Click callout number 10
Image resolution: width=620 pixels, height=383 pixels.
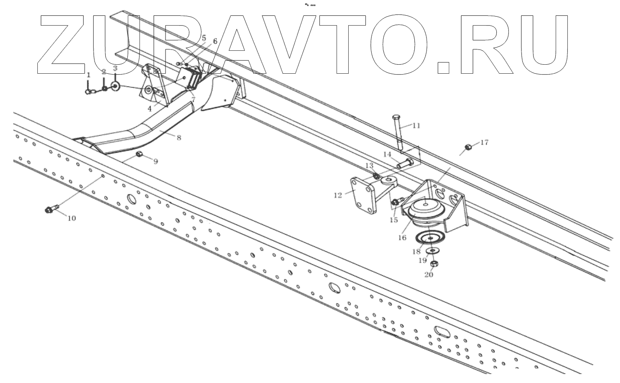(72, 218)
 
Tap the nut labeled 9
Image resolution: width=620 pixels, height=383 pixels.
(139, 155)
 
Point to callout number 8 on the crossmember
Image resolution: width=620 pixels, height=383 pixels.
(179, 138)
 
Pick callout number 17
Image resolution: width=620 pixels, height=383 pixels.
(484, 143)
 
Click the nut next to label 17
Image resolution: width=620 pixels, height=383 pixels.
(468, 147)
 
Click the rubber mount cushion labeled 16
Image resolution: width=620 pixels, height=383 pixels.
(425, 209)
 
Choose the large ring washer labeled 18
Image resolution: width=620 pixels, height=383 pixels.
(430, 238)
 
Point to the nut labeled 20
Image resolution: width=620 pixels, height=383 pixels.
(434, 263)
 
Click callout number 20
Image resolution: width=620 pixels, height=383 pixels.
(428, 274)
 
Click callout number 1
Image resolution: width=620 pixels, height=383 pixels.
(89, 75)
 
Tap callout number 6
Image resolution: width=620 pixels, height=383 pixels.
(215, 41)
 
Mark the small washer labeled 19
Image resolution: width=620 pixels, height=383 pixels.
(432, 250)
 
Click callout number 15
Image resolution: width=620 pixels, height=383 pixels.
(394, 220)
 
